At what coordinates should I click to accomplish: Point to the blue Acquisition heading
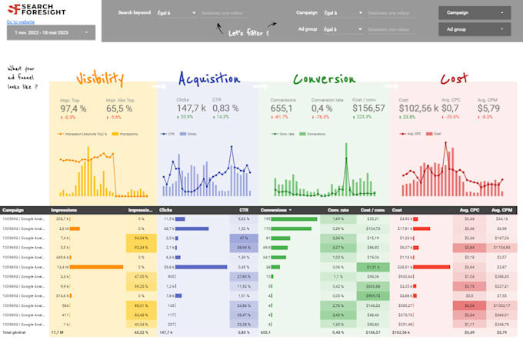[x=207, y=79]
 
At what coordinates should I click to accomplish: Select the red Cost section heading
[x=454, y=79]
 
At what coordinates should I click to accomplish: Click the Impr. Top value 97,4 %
[x=73, y=108]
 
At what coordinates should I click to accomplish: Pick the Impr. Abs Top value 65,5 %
[x=119, y=108]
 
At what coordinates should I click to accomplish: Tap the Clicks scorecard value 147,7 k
[x=191, y=108]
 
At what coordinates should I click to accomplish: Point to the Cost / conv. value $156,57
[x=368, y=108]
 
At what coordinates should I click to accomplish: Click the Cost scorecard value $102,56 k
[x=418, y=108]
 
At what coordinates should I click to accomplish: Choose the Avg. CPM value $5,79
[x=489, y=108]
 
